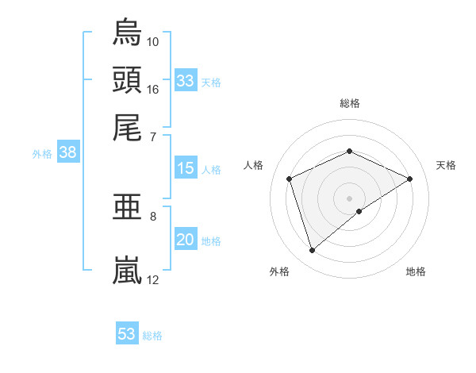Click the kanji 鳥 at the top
127,33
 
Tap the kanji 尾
127,127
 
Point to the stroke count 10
153,41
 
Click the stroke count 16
153,89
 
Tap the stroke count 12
153,279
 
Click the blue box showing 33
185,81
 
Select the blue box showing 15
185,168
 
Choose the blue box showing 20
185,240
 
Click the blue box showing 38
67,154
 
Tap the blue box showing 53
127,334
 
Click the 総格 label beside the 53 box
152,336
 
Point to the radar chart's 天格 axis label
446,165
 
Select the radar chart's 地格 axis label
416,271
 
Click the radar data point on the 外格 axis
312,251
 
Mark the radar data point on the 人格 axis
290,179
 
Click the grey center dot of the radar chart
349,198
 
